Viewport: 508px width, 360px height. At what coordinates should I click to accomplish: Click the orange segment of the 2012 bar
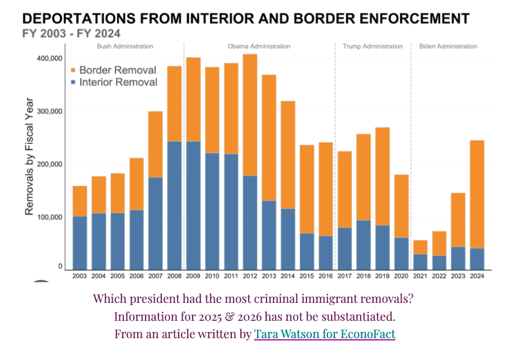click(x=250, y=115)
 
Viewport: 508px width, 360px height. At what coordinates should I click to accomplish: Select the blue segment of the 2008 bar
click(x=174, y=205)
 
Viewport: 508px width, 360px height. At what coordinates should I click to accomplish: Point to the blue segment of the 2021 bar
click(x=421, y=261)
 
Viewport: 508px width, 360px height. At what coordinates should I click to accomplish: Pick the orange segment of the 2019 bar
click(x=383, y=176)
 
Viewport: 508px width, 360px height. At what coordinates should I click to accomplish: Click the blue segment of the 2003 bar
click(x=80, y=242)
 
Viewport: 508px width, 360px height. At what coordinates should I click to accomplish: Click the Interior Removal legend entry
click(x=113, y=83)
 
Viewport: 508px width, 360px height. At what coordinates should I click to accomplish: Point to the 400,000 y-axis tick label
click(x=49, y=58)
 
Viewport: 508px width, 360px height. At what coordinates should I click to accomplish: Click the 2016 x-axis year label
click(x=325, y=276)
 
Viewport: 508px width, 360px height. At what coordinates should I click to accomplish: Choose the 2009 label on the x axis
click(x=193, y=276)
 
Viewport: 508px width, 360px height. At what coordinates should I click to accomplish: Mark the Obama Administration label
click(x=259, y=46)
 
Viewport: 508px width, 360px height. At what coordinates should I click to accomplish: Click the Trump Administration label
click(x=372, y=46)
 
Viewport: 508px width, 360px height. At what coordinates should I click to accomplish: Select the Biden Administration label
click(x=448, y=46)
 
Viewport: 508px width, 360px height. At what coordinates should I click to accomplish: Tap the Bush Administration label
click(x=125, y=46)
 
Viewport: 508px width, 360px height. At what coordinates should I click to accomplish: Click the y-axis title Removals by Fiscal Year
click(x=30, y=157)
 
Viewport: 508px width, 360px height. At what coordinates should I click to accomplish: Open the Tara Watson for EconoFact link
click(x=324, y=334)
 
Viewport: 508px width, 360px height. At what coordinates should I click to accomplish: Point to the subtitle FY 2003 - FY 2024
click(x=71, y=34)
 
